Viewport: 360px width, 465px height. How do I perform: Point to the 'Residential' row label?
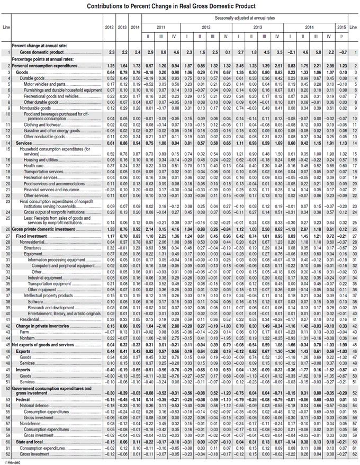coord(30,319)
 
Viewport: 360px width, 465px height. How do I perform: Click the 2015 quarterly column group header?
coord(342,26)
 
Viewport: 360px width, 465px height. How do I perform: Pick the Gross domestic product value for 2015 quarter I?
coord(342,53)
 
